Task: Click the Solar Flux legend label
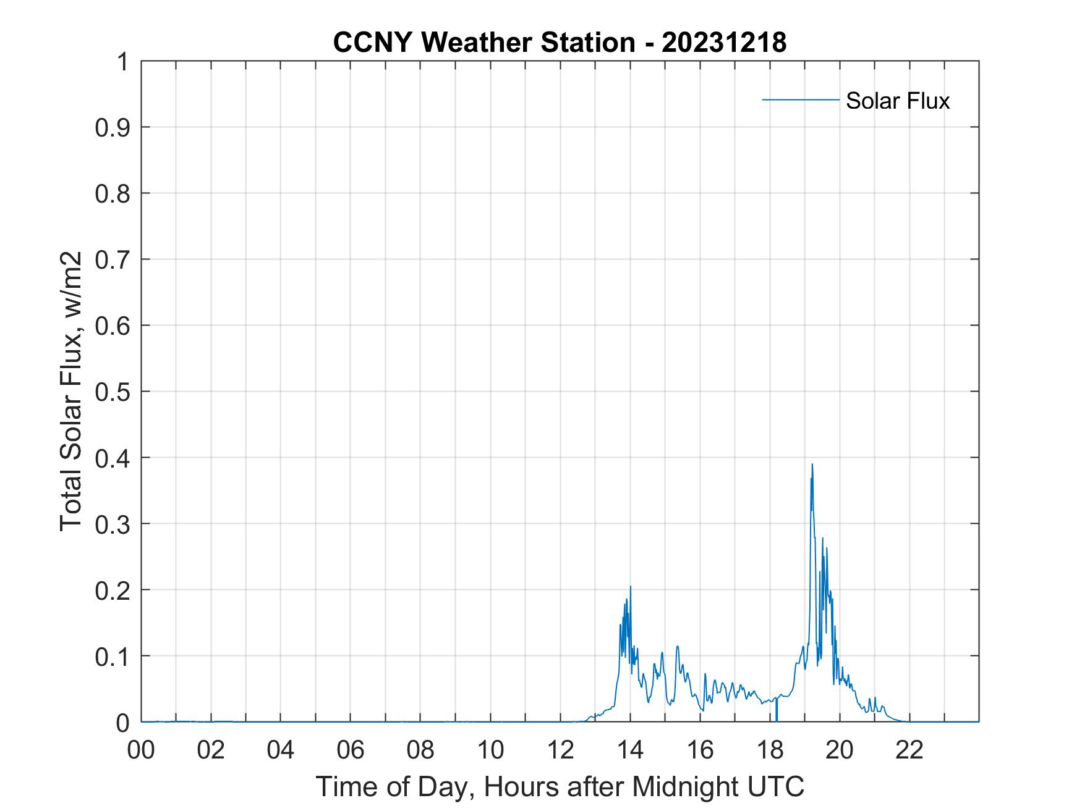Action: coord(897,100)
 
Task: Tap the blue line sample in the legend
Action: coord(800,99)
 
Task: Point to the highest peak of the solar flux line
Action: coord(812,464)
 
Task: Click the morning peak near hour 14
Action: coord(630,587)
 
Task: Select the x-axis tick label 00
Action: coord(142,750)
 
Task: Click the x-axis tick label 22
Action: coord(909,750)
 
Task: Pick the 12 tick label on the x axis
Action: coord(560,750)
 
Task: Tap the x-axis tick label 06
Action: coord(351,750)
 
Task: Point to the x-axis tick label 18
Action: coord(770,750)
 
